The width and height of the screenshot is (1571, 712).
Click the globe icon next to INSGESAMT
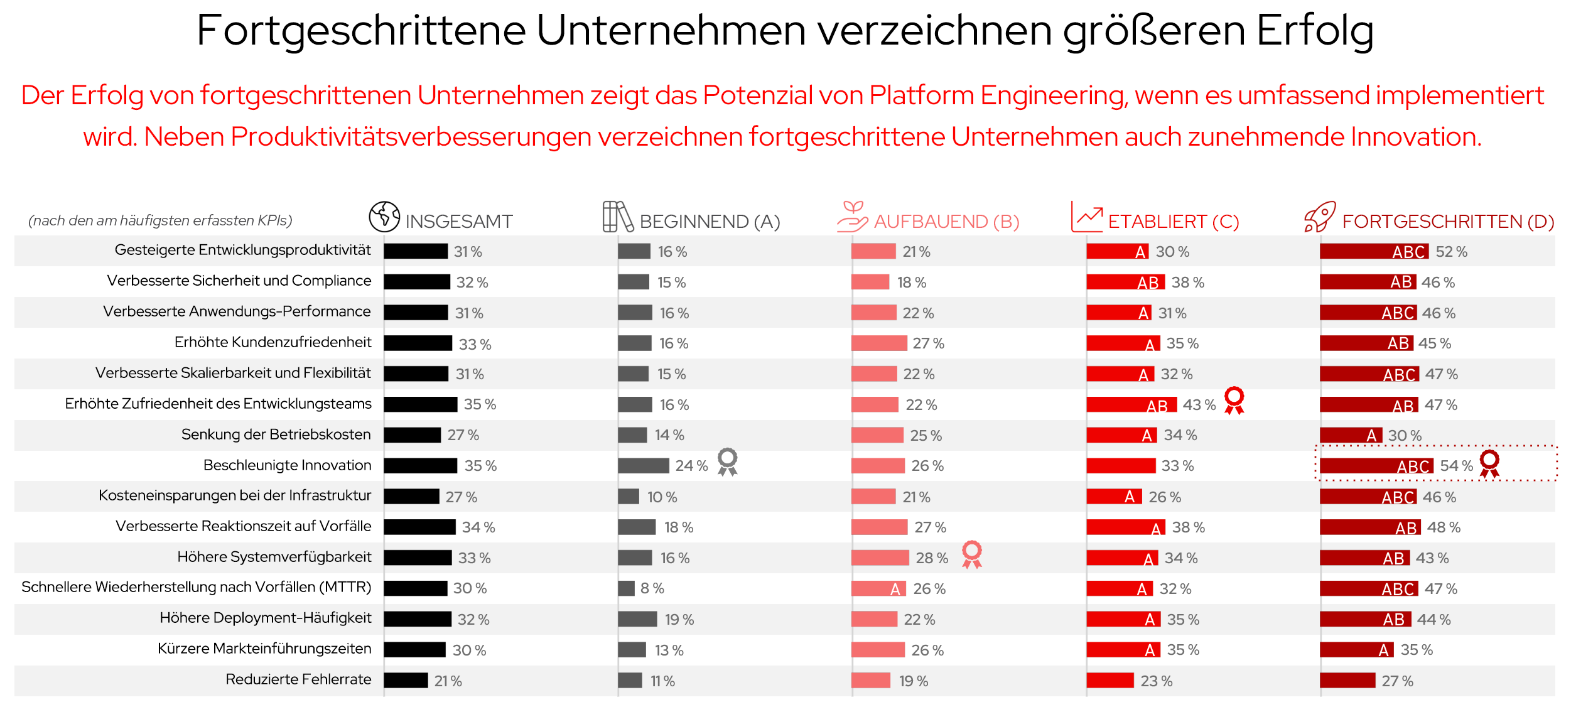click(384, 217)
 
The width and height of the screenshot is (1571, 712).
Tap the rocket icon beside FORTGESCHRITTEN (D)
click(1319, 217)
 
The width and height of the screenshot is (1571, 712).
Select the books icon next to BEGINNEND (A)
click(617, 217)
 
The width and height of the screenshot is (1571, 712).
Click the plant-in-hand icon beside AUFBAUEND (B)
click(852, 217)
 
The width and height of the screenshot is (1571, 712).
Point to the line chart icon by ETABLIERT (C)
click(1086, 217)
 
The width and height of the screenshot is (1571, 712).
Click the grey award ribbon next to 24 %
click(727, 462)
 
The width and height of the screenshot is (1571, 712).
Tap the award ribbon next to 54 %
click(1489, 463)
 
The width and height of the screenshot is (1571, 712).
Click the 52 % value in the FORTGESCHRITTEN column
click(1451, 252)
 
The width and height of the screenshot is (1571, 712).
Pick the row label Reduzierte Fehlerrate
click(298, 679)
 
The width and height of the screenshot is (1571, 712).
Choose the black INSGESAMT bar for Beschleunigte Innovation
click(420, 466)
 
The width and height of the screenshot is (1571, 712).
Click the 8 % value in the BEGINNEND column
click(652, 588)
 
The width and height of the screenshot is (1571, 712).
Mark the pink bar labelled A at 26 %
click(878, 589)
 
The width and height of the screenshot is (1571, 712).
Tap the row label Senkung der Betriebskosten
click(276, 434)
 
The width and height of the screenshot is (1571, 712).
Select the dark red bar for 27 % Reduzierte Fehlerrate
click(1347, 681)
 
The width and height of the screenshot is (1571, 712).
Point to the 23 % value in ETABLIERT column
click(1156, 681)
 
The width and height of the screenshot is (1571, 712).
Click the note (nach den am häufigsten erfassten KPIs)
click(160, 220)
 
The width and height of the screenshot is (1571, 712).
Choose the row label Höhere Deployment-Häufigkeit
click(265, 618)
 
